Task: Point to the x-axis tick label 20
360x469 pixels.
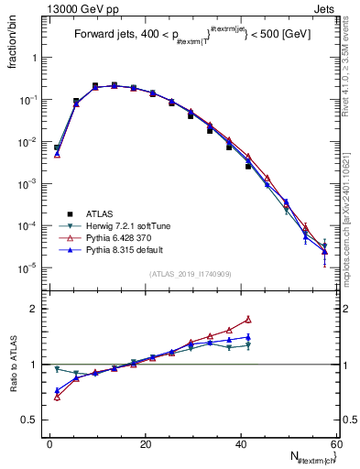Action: point(146,443)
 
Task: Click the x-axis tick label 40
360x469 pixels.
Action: point(241,443)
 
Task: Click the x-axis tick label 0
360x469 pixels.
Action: point(50,443)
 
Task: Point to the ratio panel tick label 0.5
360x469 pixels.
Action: point(35,420)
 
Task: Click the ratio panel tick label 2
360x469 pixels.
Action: point(39,309)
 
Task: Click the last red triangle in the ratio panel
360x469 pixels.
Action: point(248,320)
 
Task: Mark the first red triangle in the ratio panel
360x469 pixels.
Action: point(57,397)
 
